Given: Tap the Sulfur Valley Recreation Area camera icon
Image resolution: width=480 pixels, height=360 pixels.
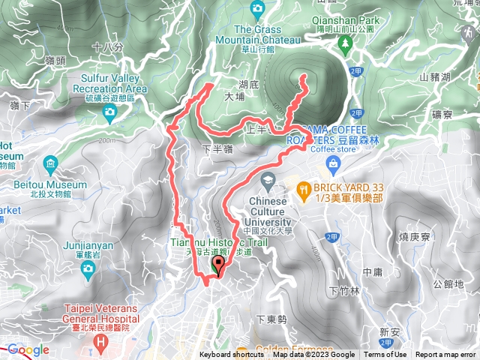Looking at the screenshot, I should point(109,112).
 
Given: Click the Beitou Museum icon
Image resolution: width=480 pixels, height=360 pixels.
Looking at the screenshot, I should point(49,163).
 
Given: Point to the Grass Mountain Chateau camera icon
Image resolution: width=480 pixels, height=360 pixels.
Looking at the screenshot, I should point(258,8).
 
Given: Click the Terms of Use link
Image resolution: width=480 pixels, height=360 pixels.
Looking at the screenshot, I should point(385,355).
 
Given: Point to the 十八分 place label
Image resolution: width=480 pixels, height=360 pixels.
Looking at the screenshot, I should point(106,46).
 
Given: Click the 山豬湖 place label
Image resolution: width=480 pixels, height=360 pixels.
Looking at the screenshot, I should point(435,76).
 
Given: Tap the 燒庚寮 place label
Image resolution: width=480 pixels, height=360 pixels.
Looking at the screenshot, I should point(412,237).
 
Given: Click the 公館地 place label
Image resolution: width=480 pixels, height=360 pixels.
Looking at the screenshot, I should point(448,284).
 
